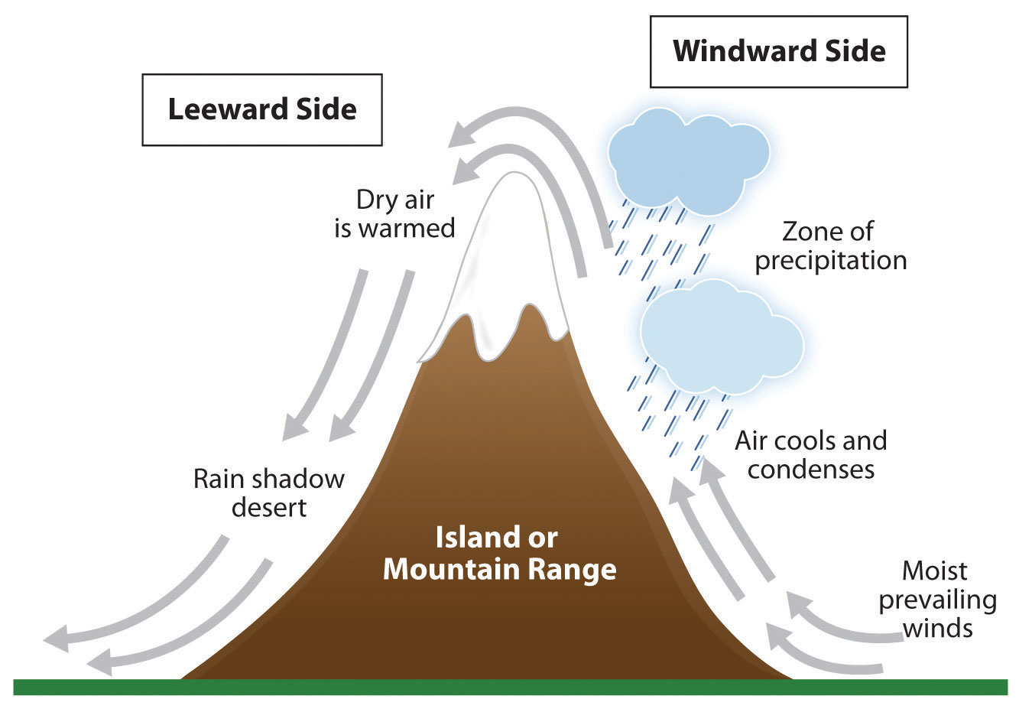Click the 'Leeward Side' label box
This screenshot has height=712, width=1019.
coord(262,109)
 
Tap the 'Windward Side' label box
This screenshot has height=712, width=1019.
coord(778,51)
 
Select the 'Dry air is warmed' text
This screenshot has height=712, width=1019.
coord(394,214)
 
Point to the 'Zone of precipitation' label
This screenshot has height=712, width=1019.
coord(830,245)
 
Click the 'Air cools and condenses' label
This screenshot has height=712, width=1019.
coord(810,454)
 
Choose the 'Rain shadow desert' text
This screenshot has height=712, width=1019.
coord(269,493)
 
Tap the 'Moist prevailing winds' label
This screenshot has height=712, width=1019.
coord(936,599)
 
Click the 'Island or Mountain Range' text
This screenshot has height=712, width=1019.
coord(499,553)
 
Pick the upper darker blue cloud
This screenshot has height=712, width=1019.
coord(688,158)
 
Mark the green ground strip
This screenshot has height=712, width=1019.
coord(510,687)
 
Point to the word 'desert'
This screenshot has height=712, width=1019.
coord(269,508)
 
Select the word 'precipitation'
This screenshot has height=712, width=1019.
coord(830,261)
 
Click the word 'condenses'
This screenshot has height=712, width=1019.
coord(810,469)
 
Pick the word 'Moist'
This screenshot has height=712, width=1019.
coord(934,571)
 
